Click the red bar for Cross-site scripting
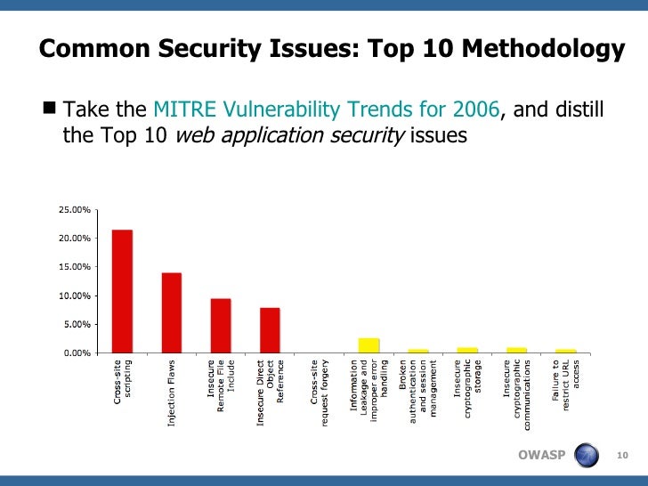click(122, 291)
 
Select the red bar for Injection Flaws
click(171, 312)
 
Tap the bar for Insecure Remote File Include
click(221, 325)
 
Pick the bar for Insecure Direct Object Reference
click(270, 330)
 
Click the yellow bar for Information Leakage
click(369, 345)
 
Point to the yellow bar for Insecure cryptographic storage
click(467, 350)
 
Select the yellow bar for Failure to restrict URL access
click(566, 351)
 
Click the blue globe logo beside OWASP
click(587, 456)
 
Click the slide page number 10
click(623, 457)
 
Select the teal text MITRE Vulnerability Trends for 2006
click(327, 110)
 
